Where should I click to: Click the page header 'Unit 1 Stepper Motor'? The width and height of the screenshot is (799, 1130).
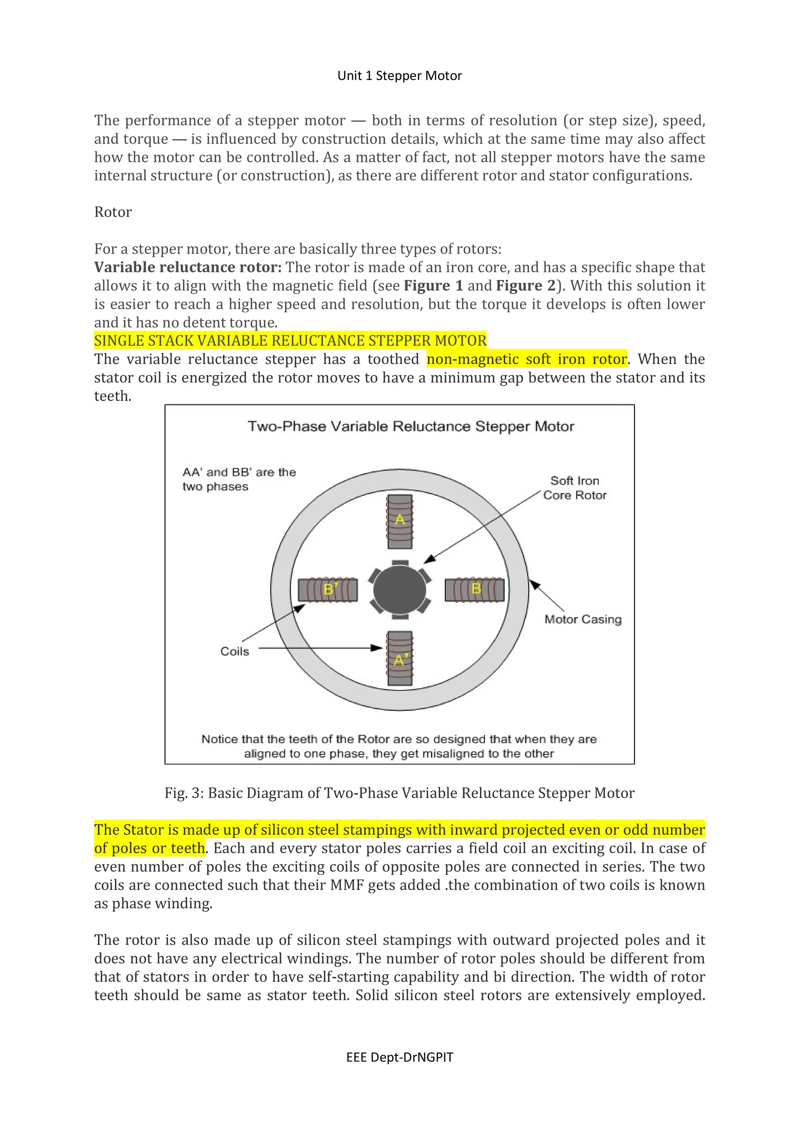pyautogui.click(x=399, y=75)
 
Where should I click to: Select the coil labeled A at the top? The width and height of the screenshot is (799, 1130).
pyautogui.click(x=399, y=521)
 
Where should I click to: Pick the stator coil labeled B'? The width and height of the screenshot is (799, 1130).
pyautogui.click(x=328, y=589)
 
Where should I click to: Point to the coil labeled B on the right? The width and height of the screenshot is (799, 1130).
pyautogui.click(x=474, y=589)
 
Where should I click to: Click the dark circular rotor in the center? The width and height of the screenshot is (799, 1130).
pyautogui.click(x=399, y=589)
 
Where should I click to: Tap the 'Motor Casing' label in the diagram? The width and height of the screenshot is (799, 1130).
pyautogui.click(x=582, y=619)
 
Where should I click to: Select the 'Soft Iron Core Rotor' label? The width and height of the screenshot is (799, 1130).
pyautogui.click(x=575, y=488)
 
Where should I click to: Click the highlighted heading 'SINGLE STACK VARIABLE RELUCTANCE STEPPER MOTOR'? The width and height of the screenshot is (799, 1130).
pyautogui.click(x=290, y=341)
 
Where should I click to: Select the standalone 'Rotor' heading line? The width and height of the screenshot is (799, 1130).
pyautogui.click(x=113, y=212)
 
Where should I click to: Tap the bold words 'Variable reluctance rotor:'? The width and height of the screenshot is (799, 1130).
pyautogui.click(x=188, y=267)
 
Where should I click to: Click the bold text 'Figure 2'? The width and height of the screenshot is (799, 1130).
pyautogui.click(x=526, y=286)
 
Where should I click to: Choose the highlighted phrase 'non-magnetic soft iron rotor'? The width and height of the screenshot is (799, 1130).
pyautogui.click(x=526, y=359)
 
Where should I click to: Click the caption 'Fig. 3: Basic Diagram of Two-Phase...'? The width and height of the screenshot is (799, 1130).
pyautogui.click(x=399, y=793)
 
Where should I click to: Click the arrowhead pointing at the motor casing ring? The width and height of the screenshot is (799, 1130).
pyautogui.click(x=534, y=584)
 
